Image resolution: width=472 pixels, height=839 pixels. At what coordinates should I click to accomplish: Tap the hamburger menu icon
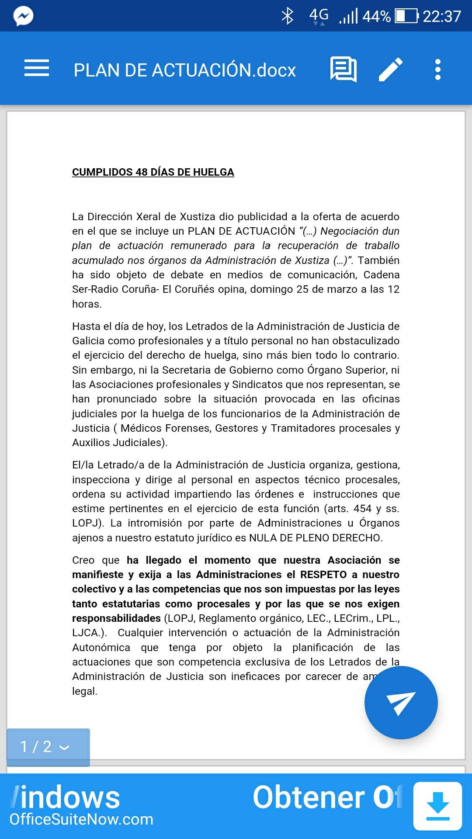(x=37, y=68)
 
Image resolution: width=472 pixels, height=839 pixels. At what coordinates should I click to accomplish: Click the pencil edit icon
(x=390, y=69)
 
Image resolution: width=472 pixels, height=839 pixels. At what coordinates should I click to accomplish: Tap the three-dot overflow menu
(x=438, y=69)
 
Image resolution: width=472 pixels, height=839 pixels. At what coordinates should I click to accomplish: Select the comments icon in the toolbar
(x=344, y=69)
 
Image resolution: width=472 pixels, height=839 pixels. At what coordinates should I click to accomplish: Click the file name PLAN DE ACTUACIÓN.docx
(x=184, y=70)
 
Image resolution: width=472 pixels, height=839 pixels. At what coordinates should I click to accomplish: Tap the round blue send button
(x=401, y=702)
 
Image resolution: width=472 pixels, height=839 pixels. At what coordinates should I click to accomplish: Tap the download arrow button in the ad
(x=437, y=806)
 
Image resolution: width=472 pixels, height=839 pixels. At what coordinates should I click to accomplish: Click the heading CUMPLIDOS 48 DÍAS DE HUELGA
(x=153, y=172)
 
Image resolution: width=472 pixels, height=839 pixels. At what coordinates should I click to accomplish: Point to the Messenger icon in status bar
(x=23, y=17)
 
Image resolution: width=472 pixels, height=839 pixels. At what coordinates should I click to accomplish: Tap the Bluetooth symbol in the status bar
(x=287, y=16)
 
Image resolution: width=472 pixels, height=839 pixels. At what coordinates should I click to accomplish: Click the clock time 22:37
(x=442, y=17)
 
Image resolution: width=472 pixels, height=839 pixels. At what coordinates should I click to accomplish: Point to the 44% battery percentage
(x=376, y=17)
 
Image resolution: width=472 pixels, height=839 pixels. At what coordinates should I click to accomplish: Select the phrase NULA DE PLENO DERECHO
(x=316, y=538)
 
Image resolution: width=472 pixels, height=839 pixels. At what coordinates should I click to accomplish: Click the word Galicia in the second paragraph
(x=89, y=341)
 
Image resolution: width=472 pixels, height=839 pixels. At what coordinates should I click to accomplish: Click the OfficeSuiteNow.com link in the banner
(x=82, y=819)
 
